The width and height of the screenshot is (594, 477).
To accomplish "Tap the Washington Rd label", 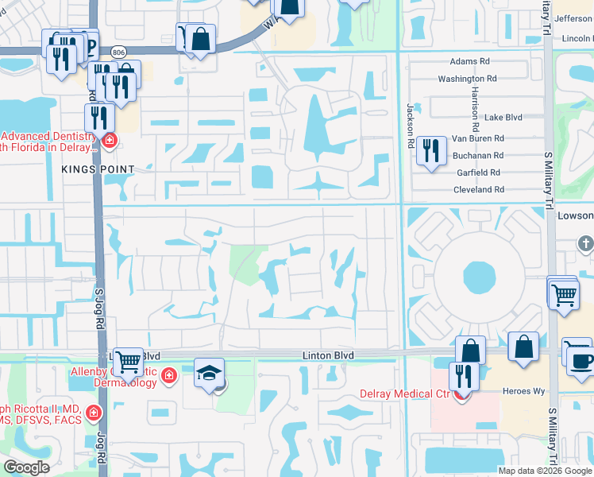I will pyautogui.click(x=467, y=79).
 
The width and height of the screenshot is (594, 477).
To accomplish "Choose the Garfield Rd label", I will pyautogui.click(x=478, y=173).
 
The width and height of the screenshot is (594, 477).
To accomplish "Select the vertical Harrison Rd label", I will pyautogui.click(x=475, y=111).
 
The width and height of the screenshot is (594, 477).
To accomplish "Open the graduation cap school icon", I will pyautogui.click(x=210, y=373).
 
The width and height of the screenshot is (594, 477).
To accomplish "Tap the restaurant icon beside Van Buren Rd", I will pyautogui.click(x=430, y=150).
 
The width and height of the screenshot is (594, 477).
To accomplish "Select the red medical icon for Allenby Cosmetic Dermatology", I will pyautogui.click(x=168, y=374).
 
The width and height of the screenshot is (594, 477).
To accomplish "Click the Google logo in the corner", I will pyautogui.click(x=25, y=467).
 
